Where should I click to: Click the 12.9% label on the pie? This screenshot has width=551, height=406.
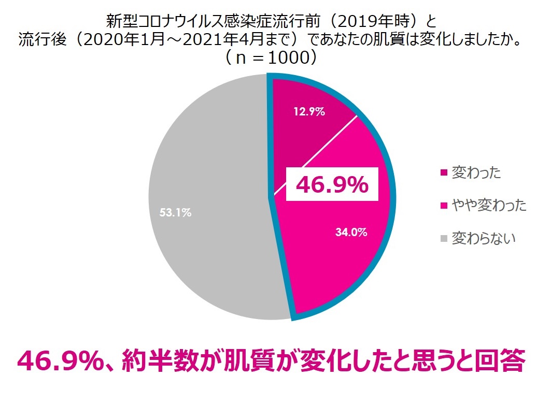308,111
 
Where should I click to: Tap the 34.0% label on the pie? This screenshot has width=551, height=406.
351,233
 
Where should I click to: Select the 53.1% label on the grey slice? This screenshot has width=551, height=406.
175,212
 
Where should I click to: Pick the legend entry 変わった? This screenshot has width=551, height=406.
476,172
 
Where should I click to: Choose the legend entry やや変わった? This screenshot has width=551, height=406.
489,206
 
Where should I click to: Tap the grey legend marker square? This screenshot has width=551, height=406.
443,239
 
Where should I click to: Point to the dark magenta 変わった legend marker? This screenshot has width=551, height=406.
443,173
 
